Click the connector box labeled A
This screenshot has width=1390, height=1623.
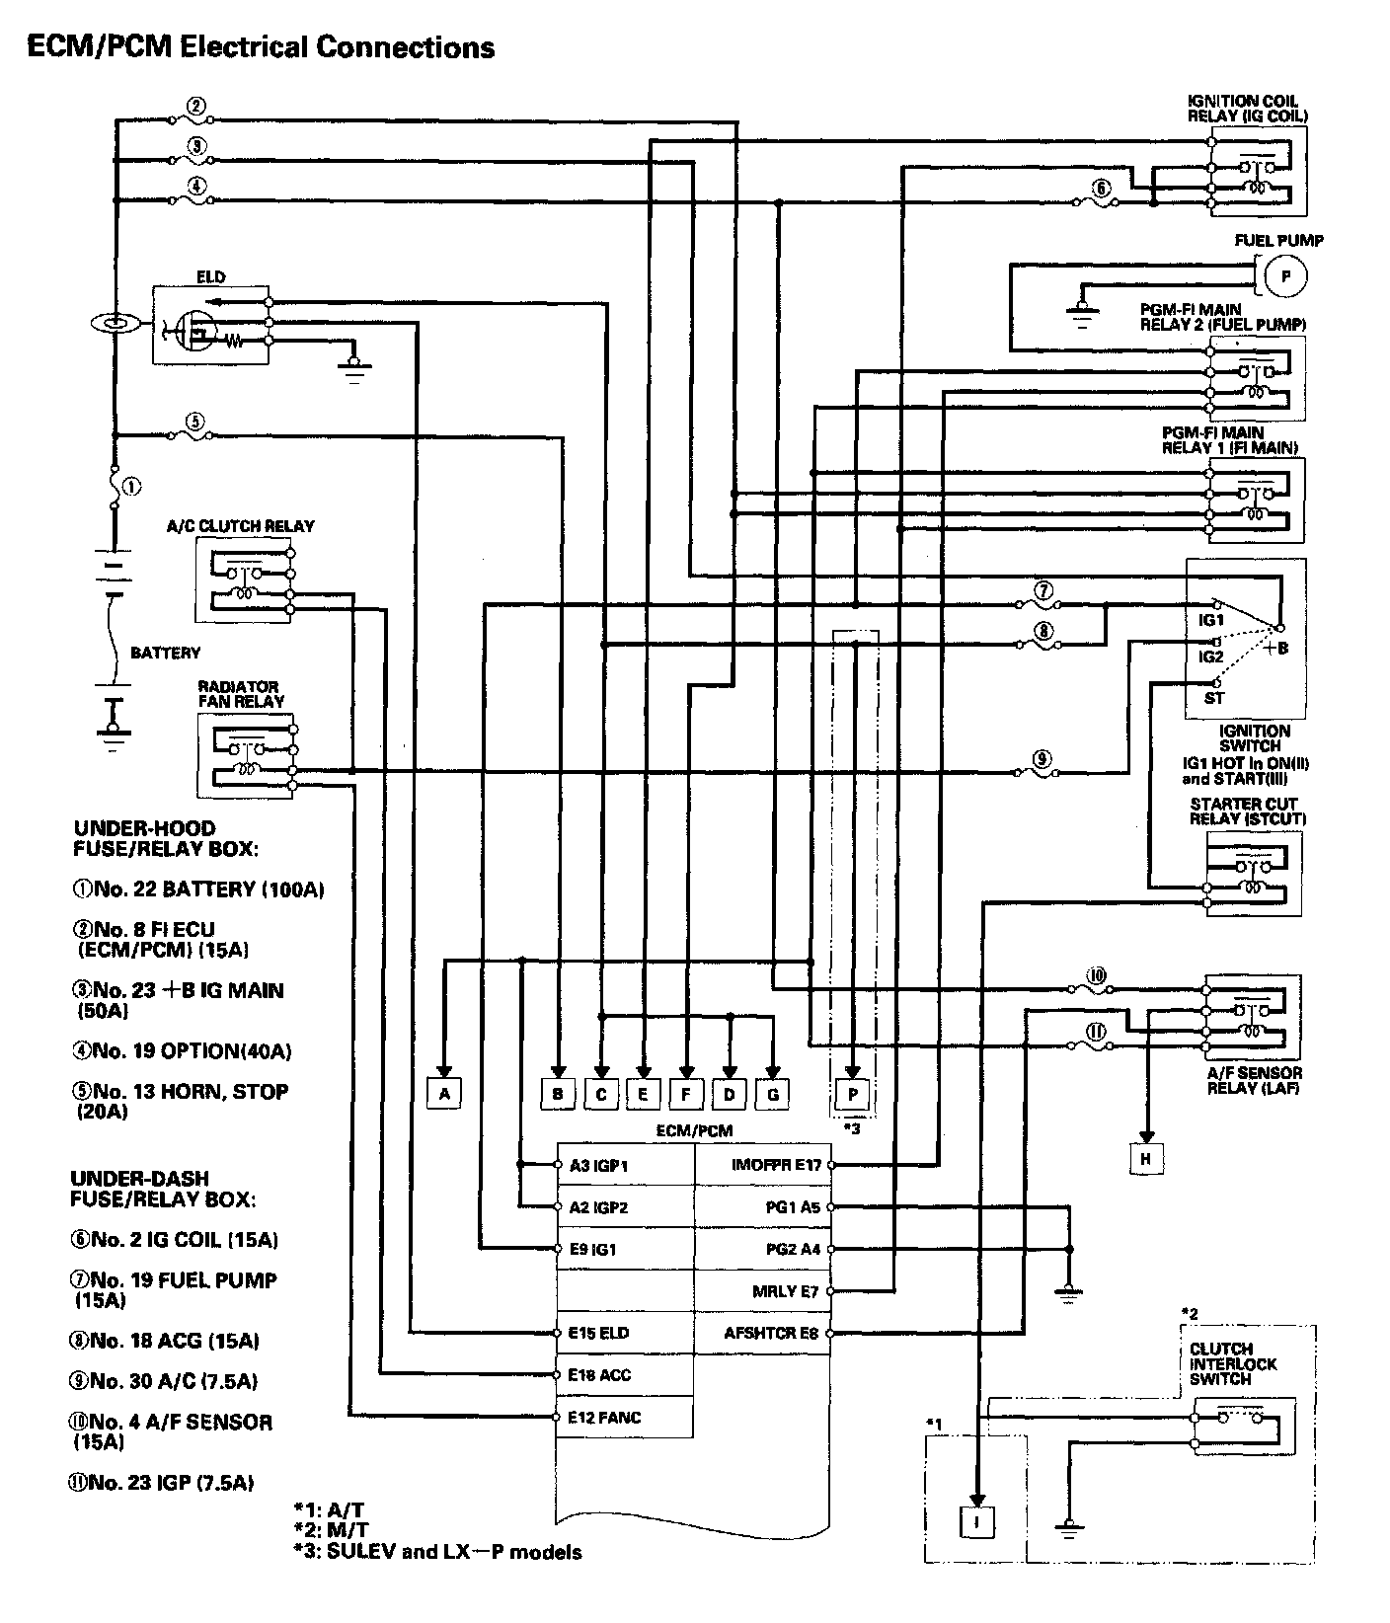(x=445, y=1093)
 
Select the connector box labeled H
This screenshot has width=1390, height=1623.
(x=1146, y=1159)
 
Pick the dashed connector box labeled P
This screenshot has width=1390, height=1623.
(x=852, y=1094)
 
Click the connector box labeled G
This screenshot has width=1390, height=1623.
(x=773, y=1093)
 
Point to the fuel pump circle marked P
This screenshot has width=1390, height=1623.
(x=1285, y=276)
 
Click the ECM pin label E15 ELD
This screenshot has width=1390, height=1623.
(x=599, y=1333)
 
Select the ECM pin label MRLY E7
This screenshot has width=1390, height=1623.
(x=786, y=1291)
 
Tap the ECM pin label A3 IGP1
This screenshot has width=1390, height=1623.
(x=598, y=1166)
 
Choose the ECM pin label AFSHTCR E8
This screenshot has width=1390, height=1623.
(x=771, y=1333)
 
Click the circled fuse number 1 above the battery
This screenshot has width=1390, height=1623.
(x=132, y=486)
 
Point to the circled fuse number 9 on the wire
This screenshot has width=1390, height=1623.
(x=1041, y=759)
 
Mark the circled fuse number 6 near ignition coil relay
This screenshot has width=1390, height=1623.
(x=1101, y=189)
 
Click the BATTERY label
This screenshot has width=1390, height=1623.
(x=165, y=653)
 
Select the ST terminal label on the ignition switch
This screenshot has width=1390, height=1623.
(x=1213, y=698)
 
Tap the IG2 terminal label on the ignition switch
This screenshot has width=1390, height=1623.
(x=1210, y=657)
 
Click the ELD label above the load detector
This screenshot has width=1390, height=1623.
(x=210, y=277)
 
